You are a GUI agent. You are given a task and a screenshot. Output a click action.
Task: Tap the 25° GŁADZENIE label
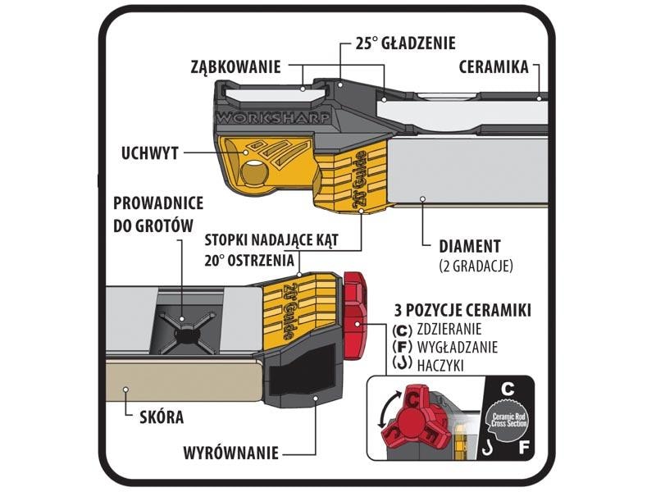(404, 43)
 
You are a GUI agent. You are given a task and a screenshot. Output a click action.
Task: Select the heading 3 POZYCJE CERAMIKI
(461, 312)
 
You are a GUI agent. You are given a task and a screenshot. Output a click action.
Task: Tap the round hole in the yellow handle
(253, 174)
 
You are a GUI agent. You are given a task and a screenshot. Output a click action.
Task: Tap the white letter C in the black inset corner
(508, 387)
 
